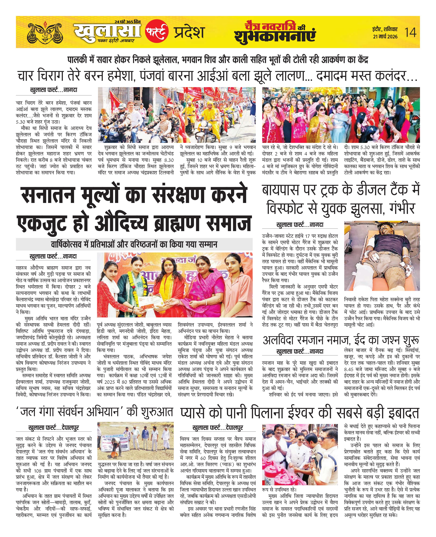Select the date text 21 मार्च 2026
pos(385,36)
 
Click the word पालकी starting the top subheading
pos(77,60)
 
